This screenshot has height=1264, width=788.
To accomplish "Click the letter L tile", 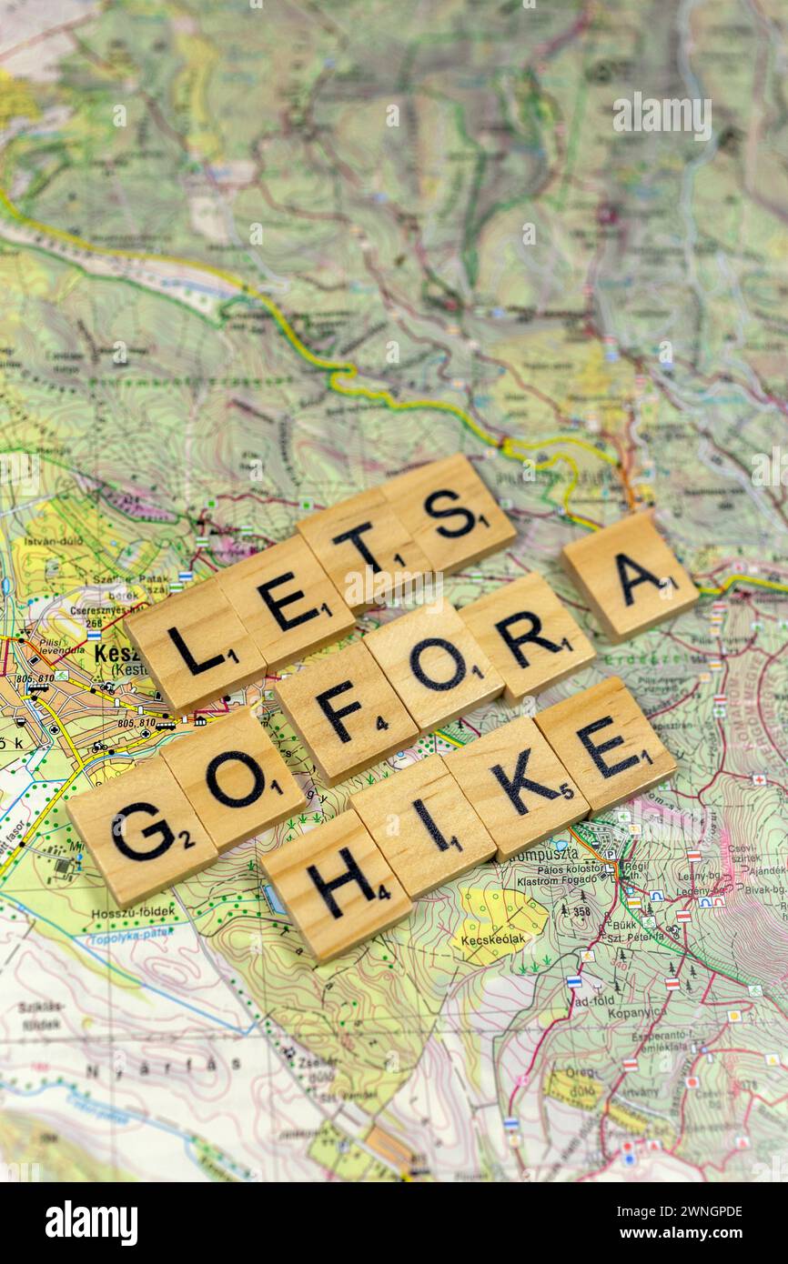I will pos(195,647).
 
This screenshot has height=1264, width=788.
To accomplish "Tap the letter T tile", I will pos(363,548).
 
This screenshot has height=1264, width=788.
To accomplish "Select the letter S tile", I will pos(449,514).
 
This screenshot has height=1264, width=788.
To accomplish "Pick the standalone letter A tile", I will pos(630,576).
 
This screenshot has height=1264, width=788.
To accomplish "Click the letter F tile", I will pos(346,712).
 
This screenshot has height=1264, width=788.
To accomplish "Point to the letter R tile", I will pos(527,637).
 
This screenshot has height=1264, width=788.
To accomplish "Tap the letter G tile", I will pos(142,831).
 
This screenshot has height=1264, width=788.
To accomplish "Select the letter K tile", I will pos(517,787).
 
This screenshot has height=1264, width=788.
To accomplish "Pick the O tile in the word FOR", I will pos(433,666).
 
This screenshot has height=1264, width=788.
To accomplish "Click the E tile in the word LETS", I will pos(285,601).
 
